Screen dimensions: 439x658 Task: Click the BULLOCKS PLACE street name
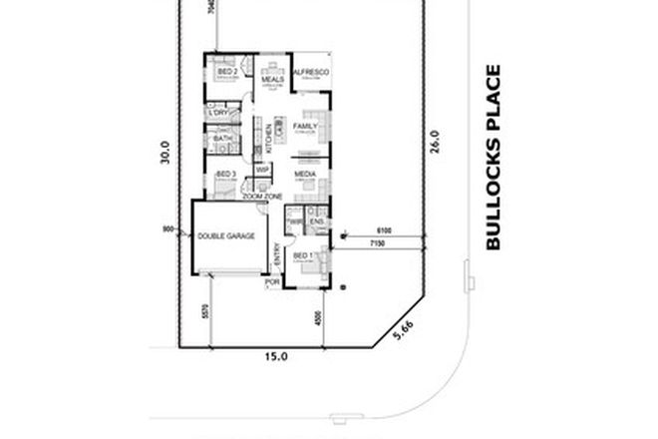point(493,157)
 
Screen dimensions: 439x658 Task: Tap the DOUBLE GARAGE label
point(226,235)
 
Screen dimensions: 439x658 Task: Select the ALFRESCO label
point(311,73)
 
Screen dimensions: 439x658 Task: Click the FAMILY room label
point(305,126)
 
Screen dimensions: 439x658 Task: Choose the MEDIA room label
point(305,173)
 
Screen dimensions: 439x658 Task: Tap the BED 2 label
point(226,72)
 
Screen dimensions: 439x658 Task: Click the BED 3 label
point(225,174)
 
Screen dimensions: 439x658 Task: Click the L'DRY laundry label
point(219,114)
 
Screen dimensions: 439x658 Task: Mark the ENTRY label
point(277,254)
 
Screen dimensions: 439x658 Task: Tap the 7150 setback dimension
point(376,243)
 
